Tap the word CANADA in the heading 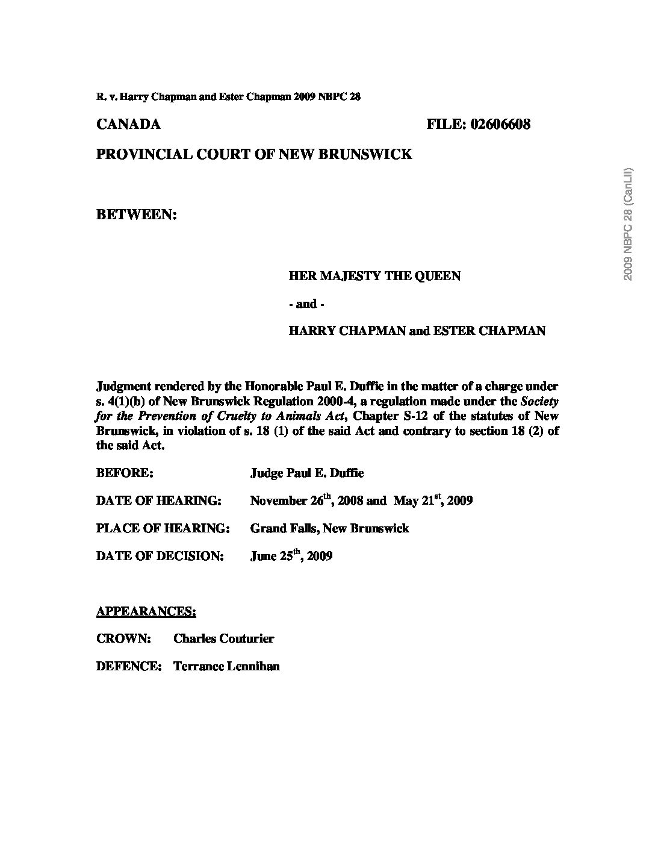(128, 125)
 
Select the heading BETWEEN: (136, 214)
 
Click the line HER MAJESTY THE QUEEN (374, 276)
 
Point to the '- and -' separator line (306, 304)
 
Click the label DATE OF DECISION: (160, 556)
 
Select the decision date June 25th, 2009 (291, 556)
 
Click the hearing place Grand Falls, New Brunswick (329, 528)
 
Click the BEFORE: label (125, 473)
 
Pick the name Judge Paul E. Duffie (306, 473)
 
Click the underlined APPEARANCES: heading (146, 611)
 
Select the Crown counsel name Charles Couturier (223, 638)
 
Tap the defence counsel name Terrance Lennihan (226, 666)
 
